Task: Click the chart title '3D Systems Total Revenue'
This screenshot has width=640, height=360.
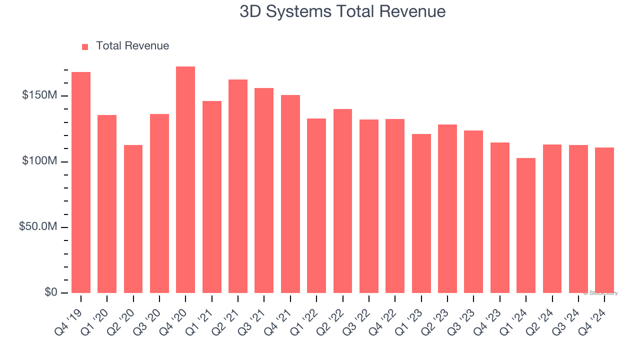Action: click(342, 11)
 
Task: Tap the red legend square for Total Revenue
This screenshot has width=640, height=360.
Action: click(85, 46)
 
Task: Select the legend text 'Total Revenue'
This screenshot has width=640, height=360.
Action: click(132, 46)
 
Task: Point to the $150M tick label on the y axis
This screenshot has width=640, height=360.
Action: click(39, 95)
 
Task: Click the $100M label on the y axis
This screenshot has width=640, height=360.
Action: click(39, 161)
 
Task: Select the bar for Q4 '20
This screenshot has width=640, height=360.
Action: click(185, 180)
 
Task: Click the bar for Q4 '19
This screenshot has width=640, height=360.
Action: click(81, 182)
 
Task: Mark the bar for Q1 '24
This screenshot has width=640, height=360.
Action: click(526, 225)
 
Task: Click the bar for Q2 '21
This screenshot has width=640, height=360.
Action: click(238, 186)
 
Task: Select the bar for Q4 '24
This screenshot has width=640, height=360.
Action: click(604, 220)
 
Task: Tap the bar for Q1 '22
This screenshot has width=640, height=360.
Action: click(316, 205)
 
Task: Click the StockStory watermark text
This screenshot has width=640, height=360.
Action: click(602, 293)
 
